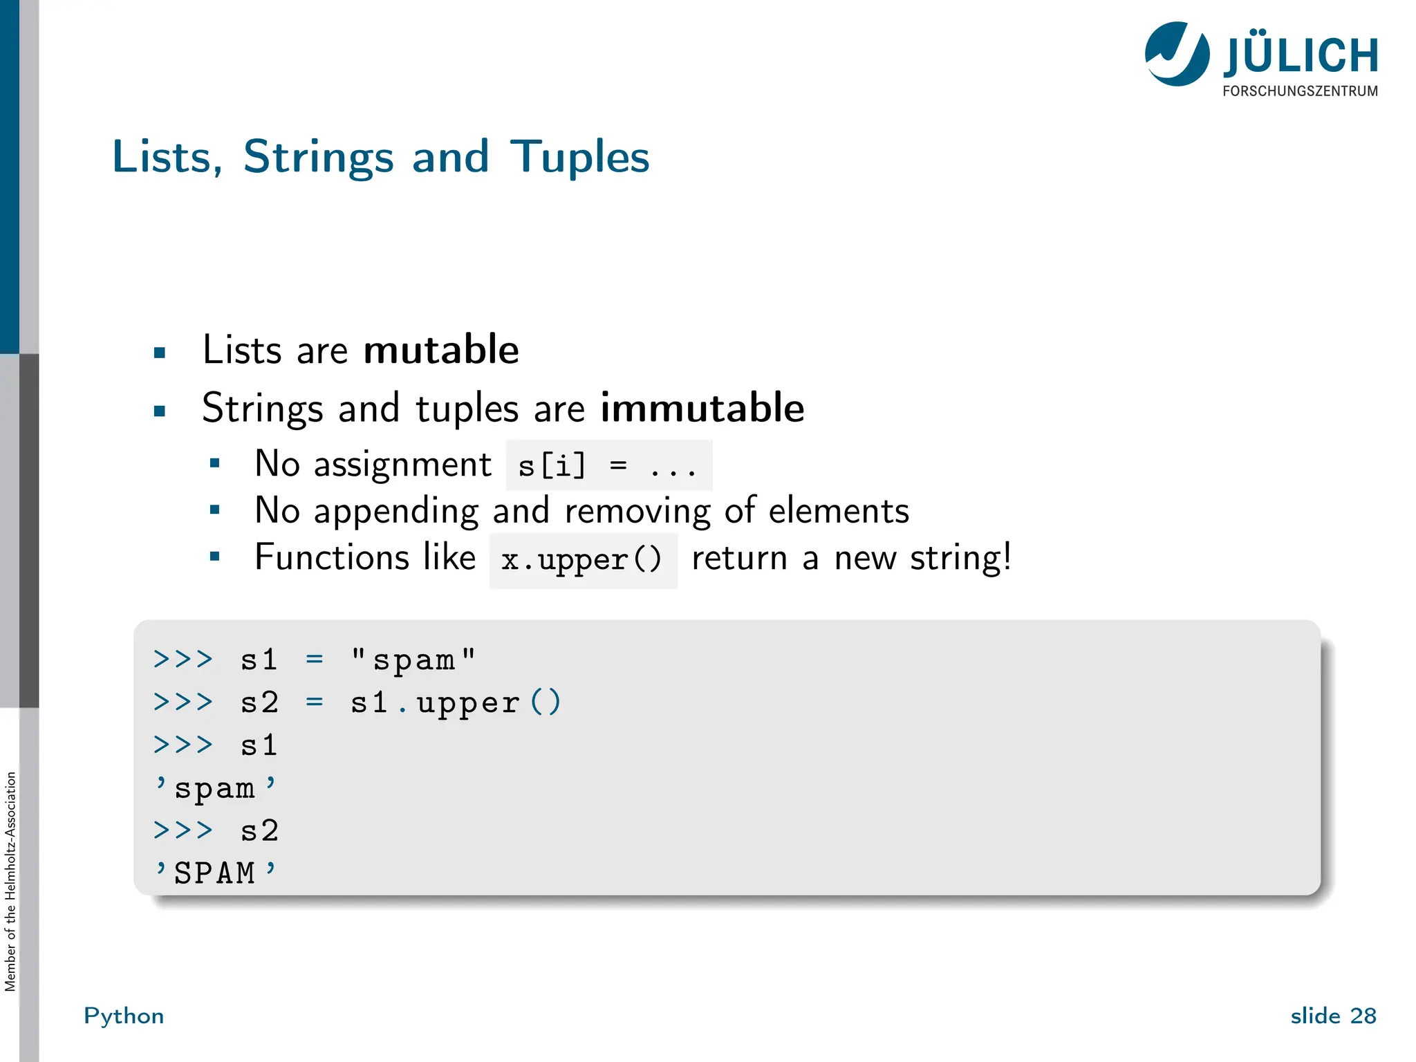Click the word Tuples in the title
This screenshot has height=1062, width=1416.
point(579,158)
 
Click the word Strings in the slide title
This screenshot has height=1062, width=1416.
point(318,158)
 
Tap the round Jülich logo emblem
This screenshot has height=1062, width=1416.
point(1177,54)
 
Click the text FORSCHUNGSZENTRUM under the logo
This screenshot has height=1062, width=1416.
point(1300,91)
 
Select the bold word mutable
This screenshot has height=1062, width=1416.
point(441,350)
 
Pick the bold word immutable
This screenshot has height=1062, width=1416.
point(702,408)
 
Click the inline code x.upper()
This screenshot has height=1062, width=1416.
point(583,560)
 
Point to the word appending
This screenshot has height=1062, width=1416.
point(395,512)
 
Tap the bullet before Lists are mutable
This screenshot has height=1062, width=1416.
point(160,353)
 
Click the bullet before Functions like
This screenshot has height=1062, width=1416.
point(215,556)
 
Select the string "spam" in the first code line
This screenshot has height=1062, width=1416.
point(413,660)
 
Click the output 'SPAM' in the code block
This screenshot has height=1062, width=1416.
point(215,873)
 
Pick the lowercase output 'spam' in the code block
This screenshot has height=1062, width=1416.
point(215,788)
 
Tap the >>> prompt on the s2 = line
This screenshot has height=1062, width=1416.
point(183,702)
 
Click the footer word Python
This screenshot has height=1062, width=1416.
point(124,1016)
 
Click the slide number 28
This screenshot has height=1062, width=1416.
point(1363,1016)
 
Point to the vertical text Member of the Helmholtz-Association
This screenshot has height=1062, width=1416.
point(10,882)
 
